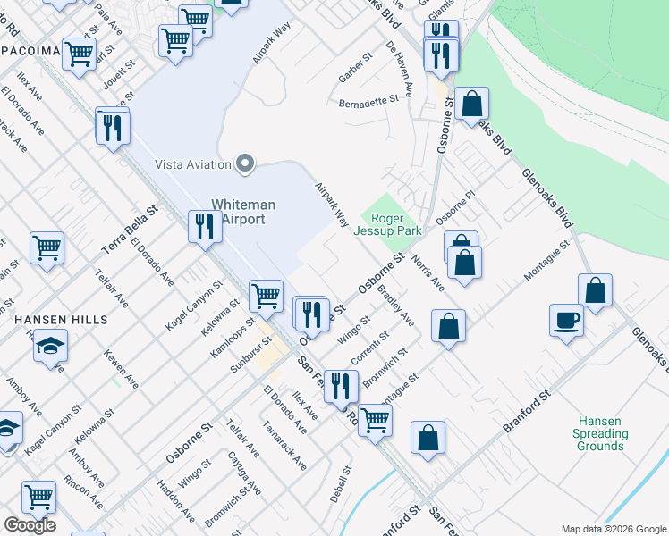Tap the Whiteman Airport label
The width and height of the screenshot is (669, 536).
243,212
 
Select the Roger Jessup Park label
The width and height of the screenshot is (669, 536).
391,224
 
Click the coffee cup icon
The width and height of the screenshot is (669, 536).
567,320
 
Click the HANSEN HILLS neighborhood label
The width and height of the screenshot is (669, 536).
61,319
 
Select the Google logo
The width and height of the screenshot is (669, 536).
30,525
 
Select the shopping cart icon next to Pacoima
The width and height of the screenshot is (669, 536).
80,54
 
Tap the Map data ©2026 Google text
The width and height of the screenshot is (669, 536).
614,529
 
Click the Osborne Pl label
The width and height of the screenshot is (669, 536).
453,209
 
